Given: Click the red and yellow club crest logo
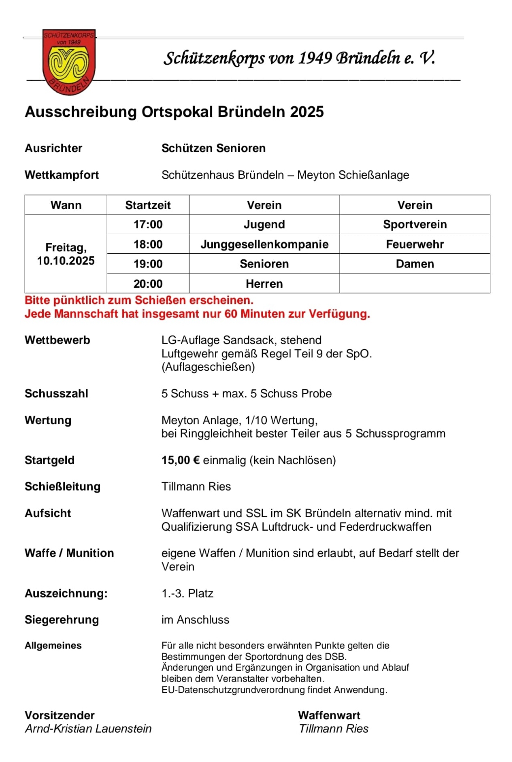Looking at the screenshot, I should click(x=69, y=62).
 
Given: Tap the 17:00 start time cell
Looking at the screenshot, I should click(x=148, y=224).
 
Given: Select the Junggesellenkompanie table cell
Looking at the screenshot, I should click(x=264, y=244).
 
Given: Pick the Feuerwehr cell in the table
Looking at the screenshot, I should click(x=415, y=244).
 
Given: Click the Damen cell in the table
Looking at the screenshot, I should click(x=415, y=264).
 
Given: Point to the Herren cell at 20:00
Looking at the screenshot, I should click(x=264, y=284).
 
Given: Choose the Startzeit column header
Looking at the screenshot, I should click(x=148, y=205).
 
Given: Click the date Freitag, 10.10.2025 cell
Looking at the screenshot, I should click(x=66, y=254).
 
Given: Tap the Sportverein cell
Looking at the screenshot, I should click(x=415, y=224).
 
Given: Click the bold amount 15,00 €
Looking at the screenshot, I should click(x=180, y=460).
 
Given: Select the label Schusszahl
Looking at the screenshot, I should click(x=57, y=394).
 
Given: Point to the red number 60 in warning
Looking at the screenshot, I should click(x=230, y=314).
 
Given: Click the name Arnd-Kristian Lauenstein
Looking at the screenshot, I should click(x=88, y=729).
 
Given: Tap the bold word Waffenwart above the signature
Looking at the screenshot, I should click(x=329, y=715).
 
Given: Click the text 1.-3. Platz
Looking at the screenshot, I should click(x=187, y=593).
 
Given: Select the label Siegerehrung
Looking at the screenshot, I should click(x=62, y=620).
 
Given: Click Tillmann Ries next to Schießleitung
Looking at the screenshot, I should click(x=196, y=487).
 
